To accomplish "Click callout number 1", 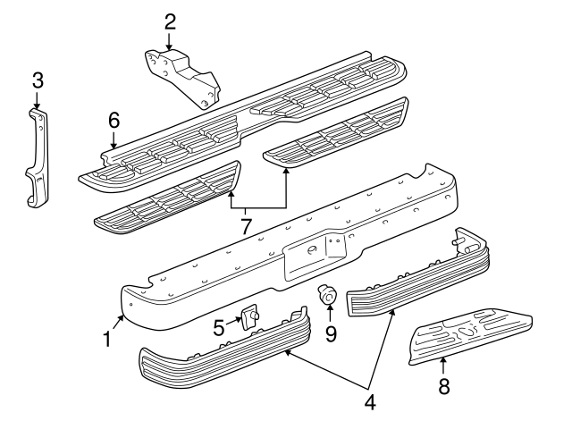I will [x=107, y=340].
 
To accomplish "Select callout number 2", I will [x=170, y=21].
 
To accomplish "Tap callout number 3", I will [x=37, y=81].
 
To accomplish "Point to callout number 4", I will [x=369, y=402].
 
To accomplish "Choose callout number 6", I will [x=114, y=119].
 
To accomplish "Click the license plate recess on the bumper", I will [x=313, y=252].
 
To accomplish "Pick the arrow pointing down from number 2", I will [x=169, y=42].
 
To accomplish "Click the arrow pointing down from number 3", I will [x=37, y=100].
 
